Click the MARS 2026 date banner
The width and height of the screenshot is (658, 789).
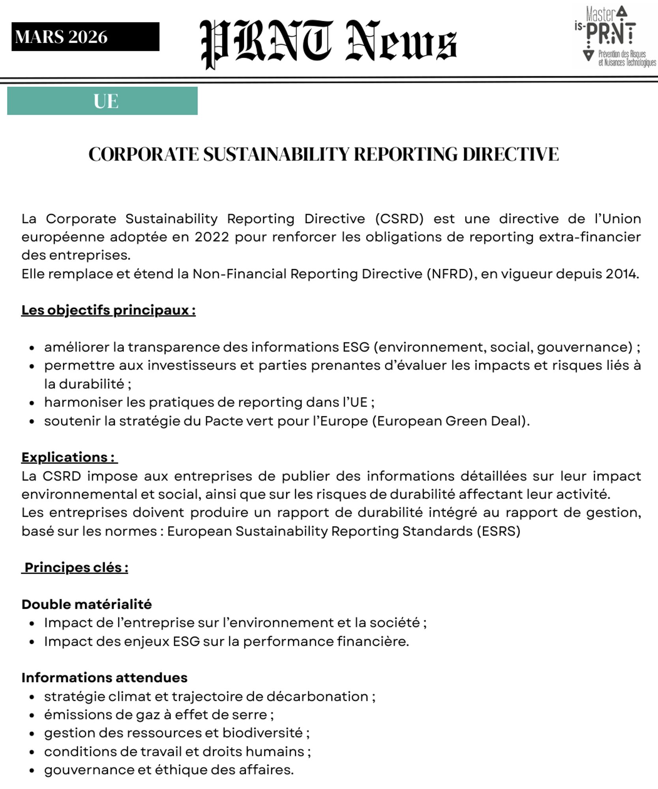coord(85,37)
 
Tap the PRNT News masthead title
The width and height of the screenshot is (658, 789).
coord(328,43)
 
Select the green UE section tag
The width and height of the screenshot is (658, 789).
coord(102,101)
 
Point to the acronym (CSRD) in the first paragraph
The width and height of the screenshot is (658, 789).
coord(399,219)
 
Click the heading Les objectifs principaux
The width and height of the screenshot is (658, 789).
coord(109,310)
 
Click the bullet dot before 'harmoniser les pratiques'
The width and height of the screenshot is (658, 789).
coord(32,403)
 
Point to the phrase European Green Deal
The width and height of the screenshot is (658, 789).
coord(450,421)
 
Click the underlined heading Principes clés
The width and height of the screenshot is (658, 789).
coord(76,568)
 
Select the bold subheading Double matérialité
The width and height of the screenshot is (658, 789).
coord(87,604)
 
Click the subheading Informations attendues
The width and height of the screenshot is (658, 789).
coord(105,678)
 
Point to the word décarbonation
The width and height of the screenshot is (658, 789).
coord(317,697)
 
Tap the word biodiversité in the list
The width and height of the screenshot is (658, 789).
coord(262,733)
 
